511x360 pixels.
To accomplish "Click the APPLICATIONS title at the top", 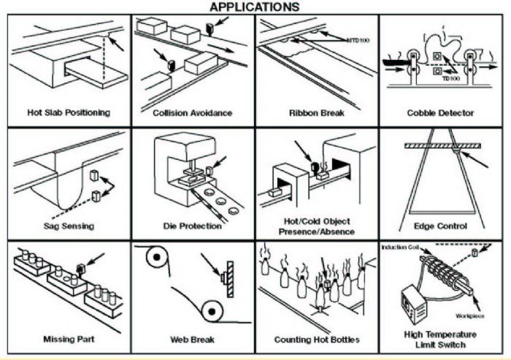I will point(254,7).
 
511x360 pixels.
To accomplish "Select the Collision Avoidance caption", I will point(193,113).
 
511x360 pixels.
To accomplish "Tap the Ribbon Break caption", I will point(316,113).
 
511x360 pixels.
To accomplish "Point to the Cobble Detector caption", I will point(439,113).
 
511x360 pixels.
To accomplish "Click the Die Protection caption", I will point(193,226).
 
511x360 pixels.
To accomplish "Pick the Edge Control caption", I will point(439,226).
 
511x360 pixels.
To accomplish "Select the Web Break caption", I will point(193,340).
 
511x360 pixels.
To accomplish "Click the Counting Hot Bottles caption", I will point(316,340).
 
